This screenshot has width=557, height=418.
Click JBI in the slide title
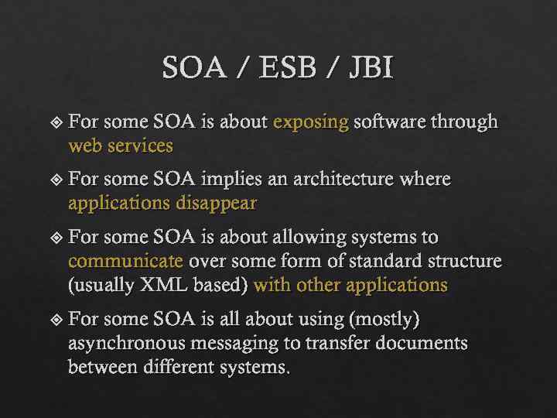371,69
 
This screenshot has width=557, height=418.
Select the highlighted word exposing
311,122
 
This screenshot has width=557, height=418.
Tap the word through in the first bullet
463,122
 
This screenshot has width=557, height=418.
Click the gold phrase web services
121,146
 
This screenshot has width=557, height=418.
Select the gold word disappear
217,204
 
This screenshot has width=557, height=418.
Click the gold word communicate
126,261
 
